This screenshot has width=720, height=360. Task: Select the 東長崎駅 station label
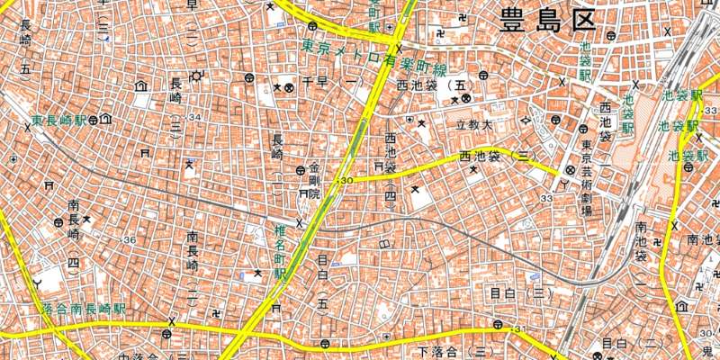[59, 120]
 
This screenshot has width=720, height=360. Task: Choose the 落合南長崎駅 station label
[84, 308]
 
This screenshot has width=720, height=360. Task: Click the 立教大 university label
[473, 124]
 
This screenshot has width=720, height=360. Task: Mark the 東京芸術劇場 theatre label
[586, 179]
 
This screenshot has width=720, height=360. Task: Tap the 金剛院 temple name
[314, 181]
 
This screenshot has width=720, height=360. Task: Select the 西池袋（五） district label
[434, 85]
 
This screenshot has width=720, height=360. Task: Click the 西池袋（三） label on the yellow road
[497, 156]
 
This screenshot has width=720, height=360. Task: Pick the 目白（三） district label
[521, 292]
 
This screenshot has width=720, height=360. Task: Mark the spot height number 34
[193, 117]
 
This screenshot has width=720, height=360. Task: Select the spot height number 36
[130, 239]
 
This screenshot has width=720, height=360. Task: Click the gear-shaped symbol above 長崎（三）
[194, 75]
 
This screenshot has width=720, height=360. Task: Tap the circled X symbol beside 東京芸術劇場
[570, 170]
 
